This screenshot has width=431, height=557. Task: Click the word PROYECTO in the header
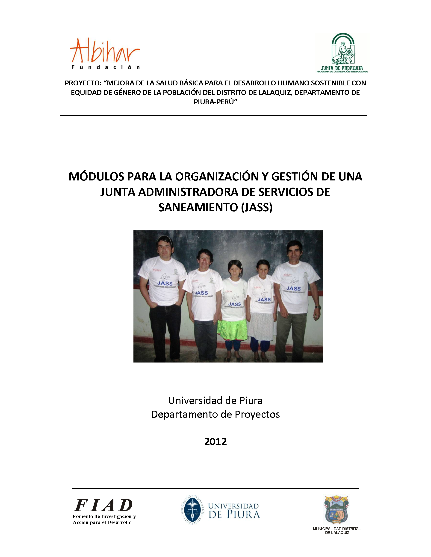click(83, 83)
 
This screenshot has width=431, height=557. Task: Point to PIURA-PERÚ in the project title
click(215, 102)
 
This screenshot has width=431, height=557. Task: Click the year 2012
click(215, 441)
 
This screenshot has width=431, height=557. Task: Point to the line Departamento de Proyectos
click(215, 415)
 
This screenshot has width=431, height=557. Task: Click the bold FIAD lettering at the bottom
click(103, 505)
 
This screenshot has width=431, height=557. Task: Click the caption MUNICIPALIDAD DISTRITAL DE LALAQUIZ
click(337, 531)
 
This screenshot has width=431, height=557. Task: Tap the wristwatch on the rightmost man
click(318, 307)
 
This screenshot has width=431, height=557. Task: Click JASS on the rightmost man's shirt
click(293, 288)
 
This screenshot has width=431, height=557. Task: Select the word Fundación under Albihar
click(106, 68)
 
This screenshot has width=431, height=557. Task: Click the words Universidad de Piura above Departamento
click(215, 401)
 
